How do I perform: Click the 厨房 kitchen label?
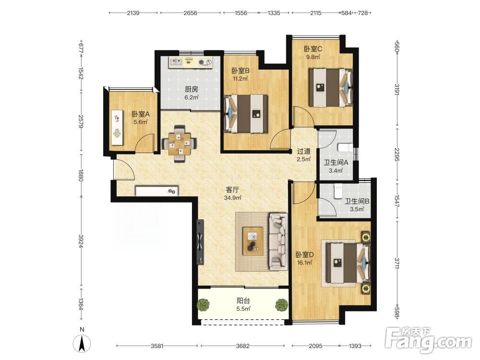tap(192, 89)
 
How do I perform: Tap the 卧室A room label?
tap(141, 114)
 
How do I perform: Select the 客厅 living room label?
tap(232, 190)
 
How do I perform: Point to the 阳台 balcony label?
tap(243, 301)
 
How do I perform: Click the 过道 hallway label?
tap(304, 151)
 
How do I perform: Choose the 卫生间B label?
tap(357, 201)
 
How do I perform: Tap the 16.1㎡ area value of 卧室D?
tap(304, 263)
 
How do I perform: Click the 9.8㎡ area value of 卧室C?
tap(313, 57)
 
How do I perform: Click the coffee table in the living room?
tap(252, 241)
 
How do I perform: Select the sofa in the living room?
tap(278, 242)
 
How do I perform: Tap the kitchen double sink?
tap(176, 62)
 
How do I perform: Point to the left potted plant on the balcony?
tap(203, 305)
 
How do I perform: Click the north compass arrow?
tap(82, 344)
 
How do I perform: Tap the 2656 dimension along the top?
tap(191, 13)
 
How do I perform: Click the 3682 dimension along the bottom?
tap(243, 346)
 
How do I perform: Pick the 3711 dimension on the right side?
tap(397, 263)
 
